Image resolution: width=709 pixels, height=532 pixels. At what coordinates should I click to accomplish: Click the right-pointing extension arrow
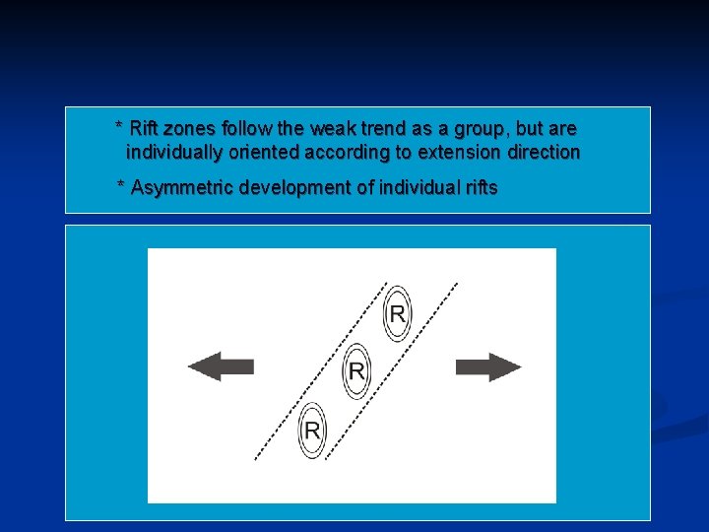[488, 367]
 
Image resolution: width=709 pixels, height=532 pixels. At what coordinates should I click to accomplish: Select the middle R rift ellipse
[355, 371]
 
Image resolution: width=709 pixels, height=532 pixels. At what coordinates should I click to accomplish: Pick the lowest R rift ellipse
[313, 431]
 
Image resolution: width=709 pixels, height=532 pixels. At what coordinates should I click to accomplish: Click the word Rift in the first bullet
[147, 128]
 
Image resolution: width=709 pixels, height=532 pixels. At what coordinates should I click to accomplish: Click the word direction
[544, 153]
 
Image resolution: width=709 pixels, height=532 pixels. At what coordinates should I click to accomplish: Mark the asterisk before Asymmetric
[121, 186]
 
